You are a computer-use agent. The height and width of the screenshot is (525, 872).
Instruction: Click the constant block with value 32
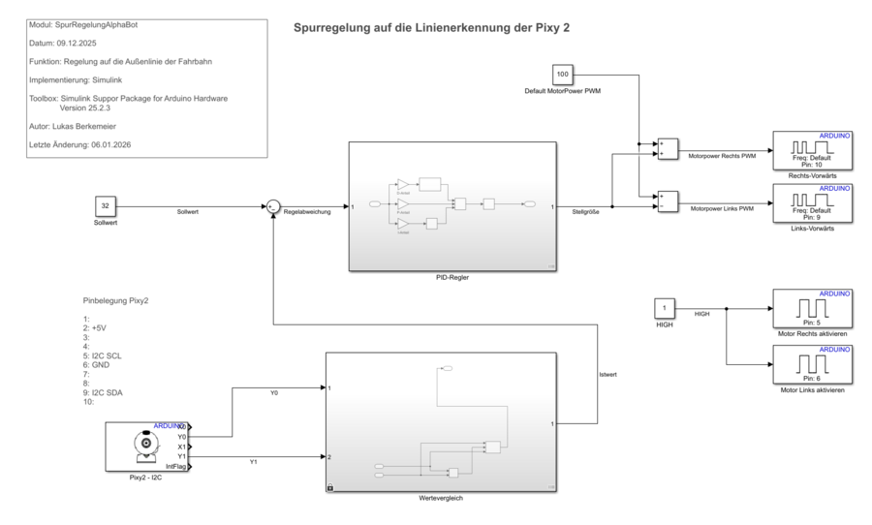[x=105, y=205]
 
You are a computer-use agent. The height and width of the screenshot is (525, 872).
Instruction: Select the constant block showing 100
[x=563, y=75]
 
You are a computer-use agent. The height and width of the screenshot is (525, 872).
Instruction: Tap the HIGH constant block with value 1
[x=665, y=309]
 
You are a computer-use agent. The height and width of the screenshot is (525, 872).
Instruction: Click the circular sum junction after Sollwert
[x=273, y=205]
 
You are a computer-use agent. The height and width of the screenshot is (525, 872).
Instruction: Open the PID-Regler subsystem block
[x=452, y=206]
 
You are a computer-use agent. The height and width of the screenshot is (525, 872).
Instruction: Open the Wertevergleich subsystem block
[x=441, y=422]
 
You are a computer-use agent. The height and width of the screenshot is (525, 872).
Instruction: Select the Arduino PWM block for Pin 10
[x=812, y=150]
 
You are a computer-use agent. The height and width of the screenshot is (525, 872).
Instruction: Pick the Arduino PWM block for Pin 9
[x=812, y=202]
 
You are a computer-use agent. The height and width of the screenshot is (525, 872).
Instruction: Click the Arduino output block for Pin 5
[x=812, y=309]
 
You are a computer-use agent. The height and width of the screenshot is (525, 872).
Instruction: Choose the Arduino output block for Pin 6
[x=812, y=364]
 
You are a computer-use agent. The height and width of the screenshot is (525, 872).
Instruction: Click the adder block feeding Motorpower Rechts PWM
[x=667, y=147]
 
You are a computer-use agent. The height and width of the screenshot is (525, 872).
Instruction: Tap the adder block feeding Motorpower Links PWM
[x=667, y=201]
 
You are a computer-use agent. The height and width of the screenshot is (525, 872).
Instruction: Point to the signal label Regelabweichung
[x=307, y=212]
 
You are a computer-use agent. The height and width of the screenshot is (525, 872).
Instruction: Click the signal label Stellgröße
[x=586, y=212]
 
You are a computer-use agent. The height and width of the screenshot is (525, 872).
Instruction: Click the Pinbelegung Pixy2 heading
[x=115, y=300]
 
